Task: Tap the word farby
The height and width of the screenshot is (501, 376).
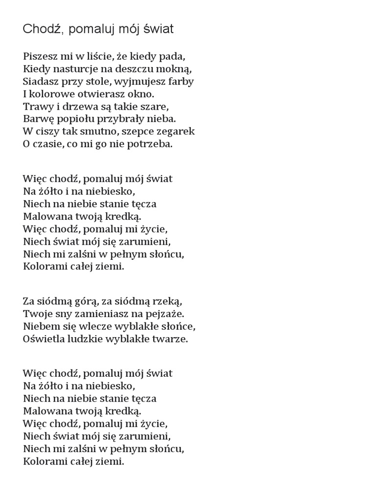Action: tap(181, 81)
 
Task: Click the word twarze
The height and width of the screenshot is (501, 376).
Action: tap(171, 339)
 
